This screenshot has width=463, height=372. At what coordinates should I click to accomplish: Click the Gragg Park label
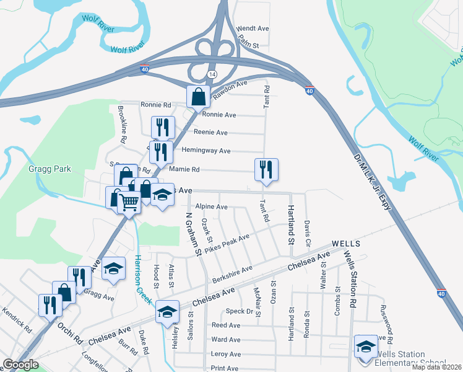[50, 169]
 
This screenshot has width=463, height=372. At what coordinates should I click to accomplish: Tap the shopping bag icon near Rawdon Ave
[198, 97]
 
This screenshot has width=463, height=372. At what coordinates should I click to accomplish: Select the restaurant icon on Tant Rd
[266, 169]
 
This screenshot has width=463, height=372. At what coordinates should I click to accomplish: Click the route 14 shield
[212, 74]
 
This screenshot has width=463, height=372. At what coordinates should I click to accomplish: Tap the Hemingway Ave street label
[206, 151]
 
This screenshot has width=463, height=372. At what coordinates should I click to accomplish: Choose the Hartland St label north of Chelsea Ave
[290, 220]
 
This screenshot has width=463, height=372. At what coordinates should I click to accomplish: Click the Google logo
[20, 365]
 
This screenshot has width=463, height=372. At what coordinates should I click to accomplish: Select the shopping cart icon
[128, 201]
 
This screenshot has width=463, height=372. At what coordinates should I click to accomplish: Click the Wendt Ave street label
[253, 29]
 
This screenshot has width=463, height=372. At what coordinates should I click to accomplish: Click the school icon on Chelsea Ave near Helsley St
[167, 312]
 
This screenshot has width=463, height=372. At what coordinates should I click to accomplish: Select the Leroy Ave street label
[226, 354]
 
